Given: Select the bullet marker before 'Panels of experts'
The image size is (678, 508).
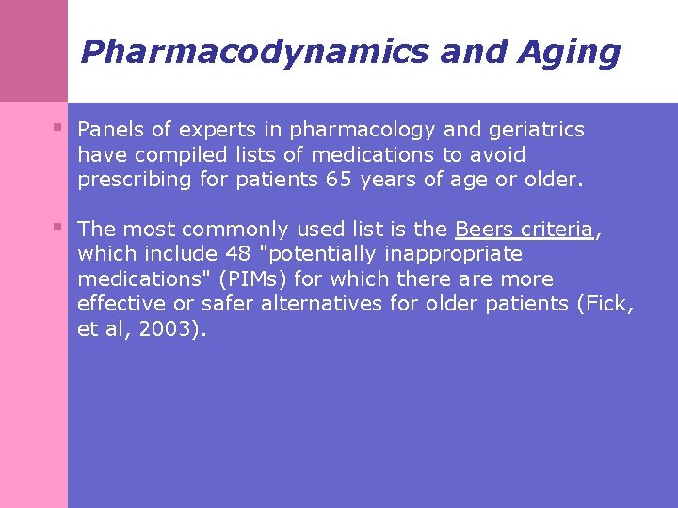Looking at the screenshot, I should [x=58, y=126].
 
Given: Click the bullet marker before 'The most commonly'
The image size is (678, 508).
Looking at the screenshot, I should [x=58, y=226].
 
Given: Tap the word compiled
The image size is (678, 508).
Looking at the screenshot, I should [x=175, y=154].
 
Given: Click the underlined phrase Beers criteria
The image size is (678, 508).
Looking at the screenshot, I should [x=525, y=229].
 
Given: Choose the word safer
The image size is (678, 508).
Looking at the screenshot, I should [x=227, y=304].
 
